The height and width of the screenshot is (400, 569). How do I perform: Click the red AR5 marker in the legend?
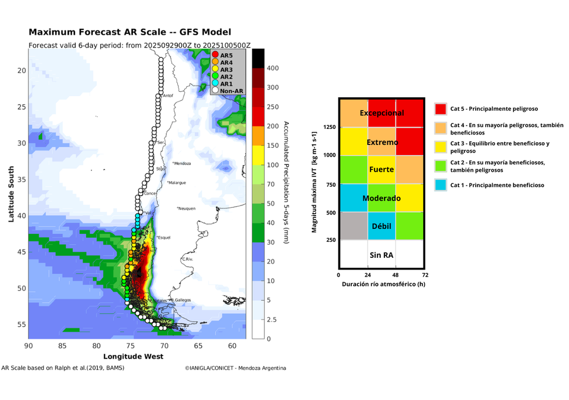tap(216, 55)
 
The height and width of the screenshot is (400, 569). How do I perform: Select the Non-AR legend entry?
tap(230, 91)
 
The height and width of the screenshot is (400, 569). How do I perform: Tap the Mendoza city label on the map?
tap(182, 163)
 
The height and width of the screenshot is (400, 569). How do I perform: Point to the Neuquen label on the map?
tap(187, 208)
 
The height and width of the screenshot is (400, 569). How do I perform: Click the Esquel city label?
tap(164, 238)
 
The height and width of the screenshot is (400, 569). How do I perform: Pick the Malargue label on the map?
tap(177, 183)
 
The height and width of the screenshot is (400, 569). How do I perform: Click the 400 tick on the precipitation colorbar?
tap(273, 68)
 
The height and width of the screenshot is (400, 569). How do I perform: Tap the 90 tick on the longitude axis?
tap(28, 346)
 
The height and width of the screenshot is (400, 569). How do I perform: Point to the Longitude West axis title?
tap(133, 356)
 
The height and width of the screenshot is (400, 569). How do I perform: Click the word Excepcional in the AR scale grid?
tap(381, 113)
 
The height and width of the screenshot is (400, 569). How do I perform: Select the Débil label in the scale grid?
tap(381, 227)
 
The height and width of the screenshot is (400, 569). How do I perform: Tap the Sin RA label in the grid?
tap(381, 255)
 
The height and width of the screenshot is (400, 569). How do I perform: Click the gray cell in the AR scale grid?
tap(353, 226)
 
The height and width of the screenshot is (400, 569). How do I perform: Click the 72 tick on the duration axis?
tap(425, 274)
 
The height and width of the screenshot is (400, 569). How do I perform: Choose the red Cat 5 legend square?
tap(441, 109)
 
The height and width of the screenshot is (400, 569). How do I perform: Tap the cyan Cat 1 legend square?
tap(441, 185)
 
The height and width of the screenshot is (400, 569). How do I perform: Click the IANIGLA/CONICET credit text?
tap(236, 368)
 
